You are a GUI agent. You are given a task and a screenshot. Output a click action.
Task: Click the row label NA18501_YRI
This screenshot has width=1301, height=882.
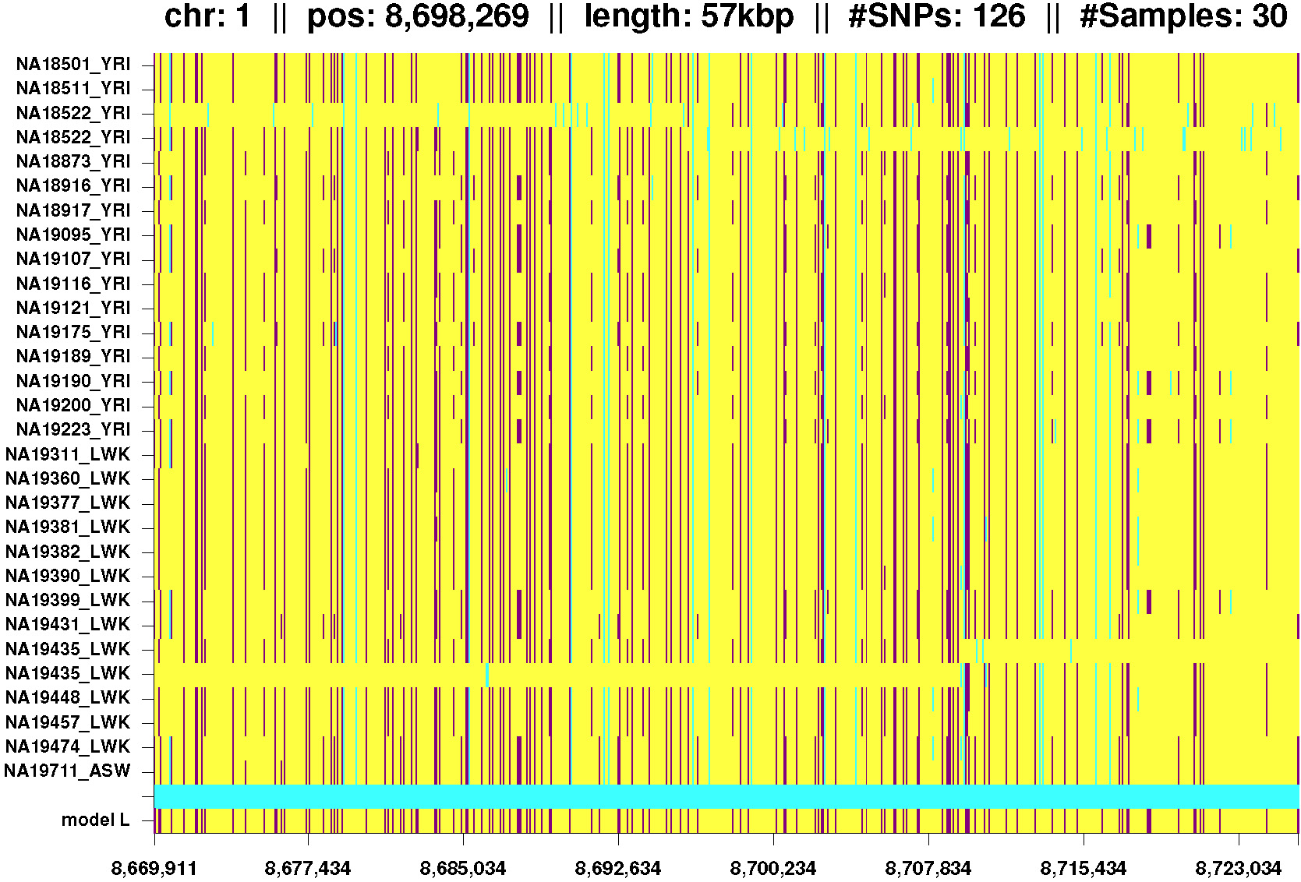(x=73, y=64)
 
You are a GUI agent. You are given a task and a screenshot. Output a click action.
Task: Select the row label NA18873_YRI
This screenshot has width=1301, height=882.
(x=73, y=161)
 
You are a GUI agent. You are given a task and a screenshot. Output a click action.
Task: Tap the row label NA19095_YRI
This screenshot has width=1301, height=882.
(x=73, y=235)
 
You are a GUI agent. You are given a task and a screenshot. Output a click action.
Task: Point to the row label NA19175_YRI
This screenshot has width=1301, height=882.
(x=73, y=332)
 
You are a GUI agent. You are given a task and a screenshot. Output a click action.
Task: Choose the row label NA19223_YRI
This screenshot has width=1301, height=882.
(x=73, y=429)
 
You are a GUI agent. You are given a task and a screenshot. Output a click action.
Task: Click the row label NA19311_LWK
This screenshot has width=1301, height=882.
(x=68, y=454)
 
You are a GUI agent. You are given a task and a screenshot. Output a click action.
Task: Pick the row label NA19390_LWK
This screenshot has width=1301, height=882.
(x=68, y=576)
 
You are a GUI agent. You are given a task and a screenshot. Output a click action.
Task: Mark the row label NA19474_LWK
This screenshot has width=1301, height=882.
(x=68, y=746)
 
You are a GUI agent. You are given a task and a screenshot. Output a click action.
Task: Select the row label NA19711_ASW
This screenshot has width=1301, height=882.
(x=68, y=771)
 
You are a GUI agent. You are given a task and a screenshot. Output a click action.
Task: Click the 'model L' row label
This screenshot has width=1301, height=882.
(x=95, y=820)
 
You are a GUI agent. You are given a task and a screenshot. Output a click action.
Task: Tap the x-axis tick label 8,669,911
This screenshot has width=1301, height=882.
(x=154, y=868)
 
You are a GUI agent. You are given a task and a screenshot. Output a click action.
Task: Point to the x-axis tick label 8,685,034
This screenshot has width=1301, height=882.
(x=463, y=868)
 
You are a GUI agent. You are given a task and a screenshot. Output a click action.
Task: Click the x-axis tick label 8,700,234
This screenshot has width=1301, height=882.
(x=773, y=868)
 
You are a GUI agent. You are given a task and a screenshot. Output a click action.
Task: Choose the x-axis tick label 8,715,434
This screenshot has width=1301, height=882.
(x=1084, y=868)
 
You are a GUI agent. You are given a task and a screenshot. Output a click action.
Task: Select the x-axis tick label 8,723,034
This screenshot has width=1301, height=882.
(x=1239, y=868)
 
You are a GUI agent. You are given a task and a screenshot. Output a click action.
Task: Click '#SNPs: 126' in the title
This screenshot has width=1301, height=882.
(x=937, y=16)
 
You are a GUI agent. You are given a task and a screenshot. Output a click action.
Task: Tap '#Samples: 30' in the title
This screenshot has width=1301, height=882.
(x=1183, y=16)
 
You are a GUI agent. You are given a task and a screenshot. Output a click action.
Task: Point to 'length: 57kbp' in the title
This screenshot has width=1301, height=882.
(x=689, y=16)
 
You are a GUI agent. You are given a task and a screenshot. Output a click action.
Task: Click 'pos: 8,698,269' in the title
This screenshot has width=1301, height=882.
(x=418, y=16)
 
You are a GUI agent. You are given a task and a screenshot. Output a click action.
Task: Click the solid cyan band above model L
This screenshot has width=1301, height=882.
(x=726, y=796)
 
